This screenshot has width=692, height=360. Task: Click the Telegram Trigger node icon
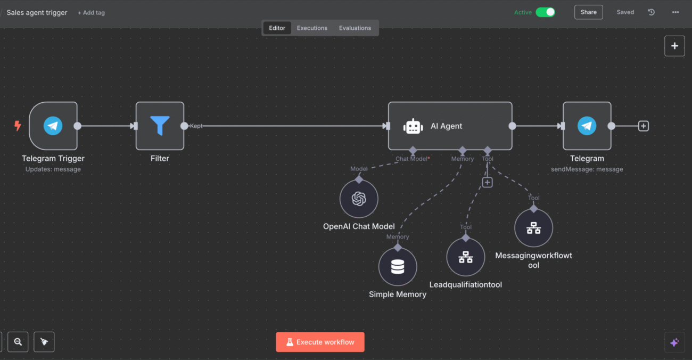pos(53,126)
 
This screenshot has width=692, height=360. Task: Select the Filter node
pos(160,126)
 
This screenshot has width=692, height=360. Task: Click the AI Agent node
pos(450,126)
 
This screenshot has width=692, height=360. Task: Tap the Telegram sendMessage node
pos(587,126)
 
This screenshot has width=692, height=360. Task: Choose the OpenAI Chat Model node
pos(359,199)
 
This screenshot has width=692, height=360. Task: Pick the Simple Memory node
pos(398,266)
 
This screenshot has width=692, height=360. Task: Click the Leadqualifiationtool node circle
pos(466,257)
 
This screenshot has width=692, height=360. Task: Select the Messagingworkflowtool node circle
pos(533,228)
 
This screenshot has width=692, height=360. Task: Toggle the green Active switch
pos(545,12)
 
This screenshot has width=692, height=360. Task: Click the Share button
pos(588,12)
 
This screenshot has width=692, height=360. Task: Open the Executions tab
pos(312,28)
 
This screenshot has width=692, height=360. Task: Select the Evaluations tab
pos(355,28)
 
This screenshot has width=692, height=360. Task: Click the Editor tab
pos(277,28)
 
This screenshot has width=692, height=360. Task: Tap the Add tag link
pos(91,13)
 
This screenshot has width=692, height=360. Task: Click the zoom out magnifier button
pos(18,342)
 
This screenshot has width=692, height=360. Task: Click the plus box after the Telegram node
pos(643,126)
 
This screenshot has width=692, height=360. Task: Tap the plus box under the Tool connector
pos(487,182)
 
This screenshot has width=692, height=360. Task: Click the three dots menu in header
pos(675,12)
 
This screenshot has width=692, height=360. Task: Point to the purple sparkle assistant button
pos(674,342)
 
